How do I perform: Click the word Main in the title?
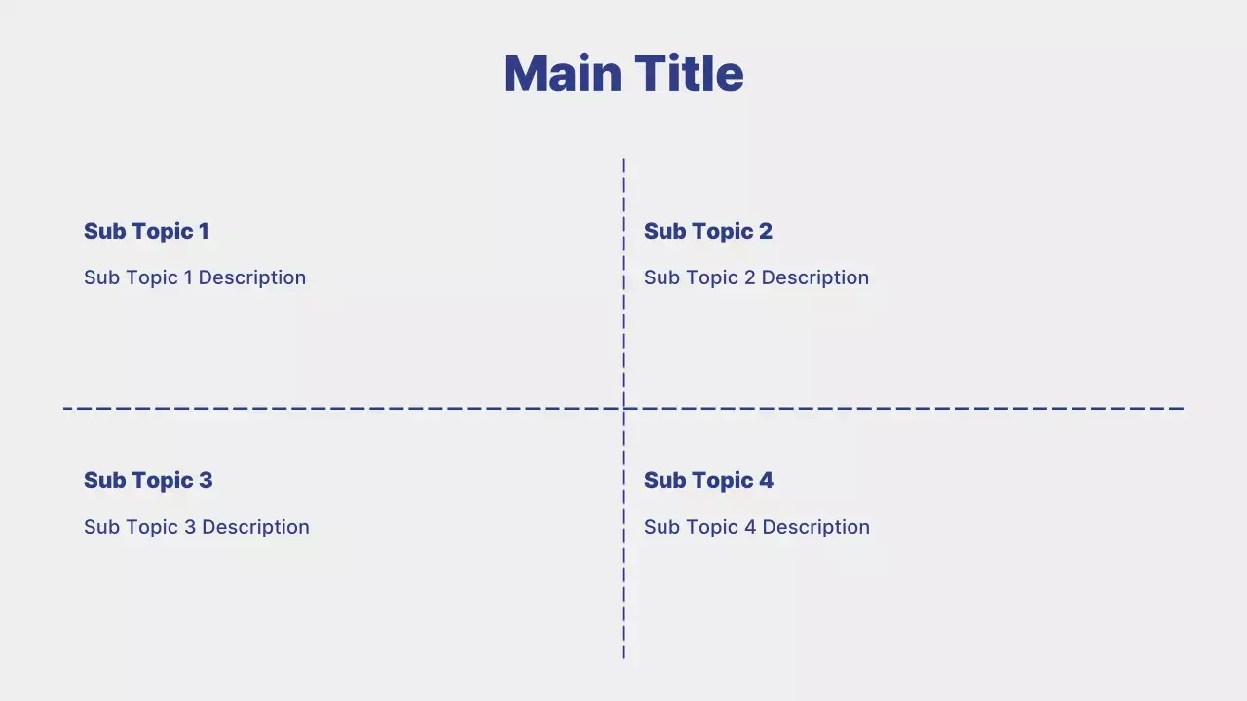pos(562,74)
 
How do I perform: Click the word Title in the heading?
pos(690,74)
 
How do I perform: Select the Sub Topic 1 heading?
pos(146,231)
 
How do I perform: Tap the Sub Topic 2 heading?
pos(708,231)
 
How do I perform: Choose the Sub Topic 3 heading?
pos(148,480)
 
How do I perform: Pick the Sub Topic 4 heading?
pos(708,480)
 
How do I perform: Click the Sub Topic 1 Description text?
pos(195,277)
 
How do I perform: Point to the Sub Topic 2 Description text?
pos(756,277)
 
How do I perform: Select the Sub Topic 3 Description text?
pos(197,527)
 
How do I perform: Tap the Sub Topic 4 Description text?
pos(757,527)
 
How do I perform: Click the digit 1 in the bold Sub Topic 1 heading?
pos(204,231)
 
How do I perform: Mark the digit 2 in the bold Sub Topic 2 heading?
pos(765,231)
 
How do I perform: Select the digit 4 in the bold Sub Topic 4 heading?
pos(766,480)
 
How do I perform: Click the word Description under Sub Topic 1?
pos(251,277)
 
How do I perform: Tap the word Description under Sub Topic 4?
pos(815,527)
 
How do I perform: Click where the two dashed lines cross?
pos(623,408)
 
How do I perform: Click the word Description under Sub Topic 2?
pos(814,277)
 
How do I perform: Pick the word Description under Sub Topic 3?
pos(255,527)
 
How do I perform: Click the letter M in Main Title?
pos(526,74)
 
